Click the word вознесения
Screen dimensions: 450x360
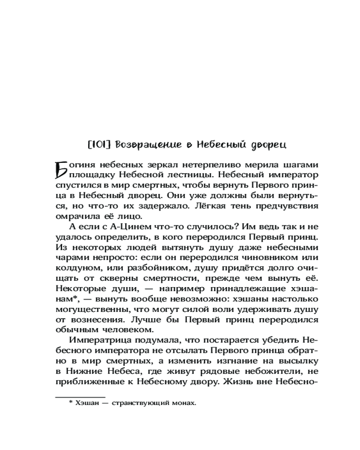pyautogui.click(x=93, y=320)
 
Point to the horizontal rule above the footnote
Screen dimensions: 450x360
pyautogui.click(x=80, y=397)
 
